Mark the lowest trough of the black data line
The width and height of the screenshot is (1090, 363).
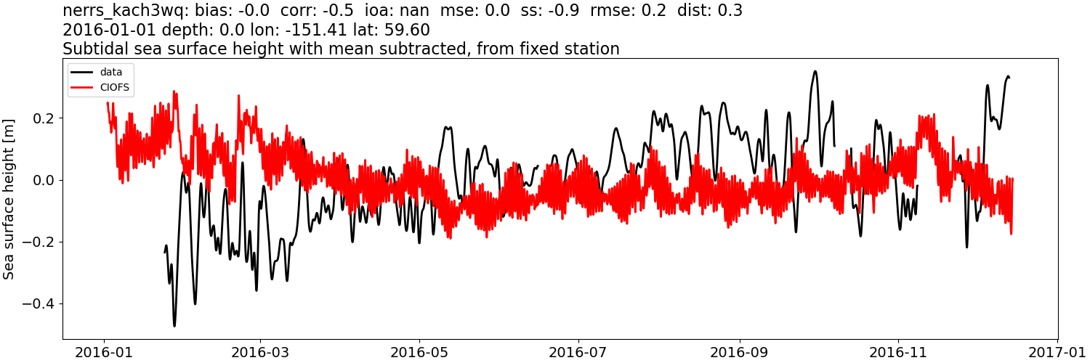tap(174, 325)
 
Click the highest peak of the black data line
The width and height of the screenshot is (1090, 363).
tap(815, 71)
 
